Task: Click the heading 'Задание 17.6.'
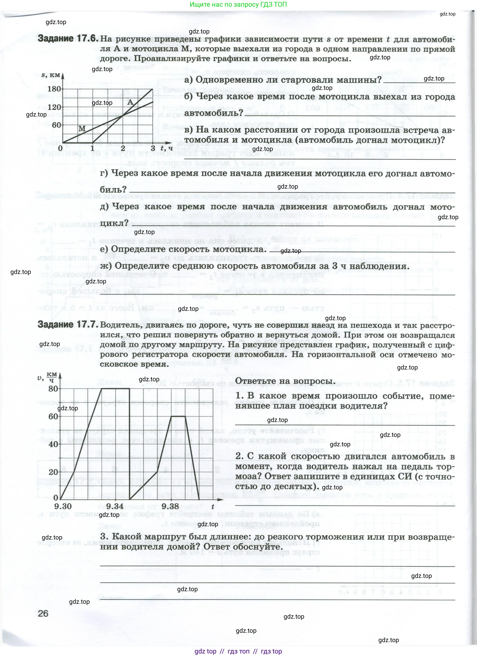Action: coord(68,39)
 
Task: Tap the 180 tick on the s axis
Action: coord(54,89)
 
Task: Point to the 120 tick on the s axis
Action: coord(54,107)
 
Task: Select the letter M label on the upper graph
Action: coord(82,129)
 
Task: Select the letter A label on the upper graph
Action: coord(130,102)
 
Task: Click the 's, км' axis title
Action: coord(51,75)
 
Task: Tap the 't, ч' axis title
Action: coord(167,148)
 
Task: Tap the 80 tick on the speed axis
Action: coord(53,389)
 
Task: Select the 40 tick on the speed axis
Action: coord(53,444)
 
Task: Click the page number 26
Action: coord(43,613)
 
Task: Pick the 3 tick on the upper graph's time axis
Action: coord(153,148)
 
